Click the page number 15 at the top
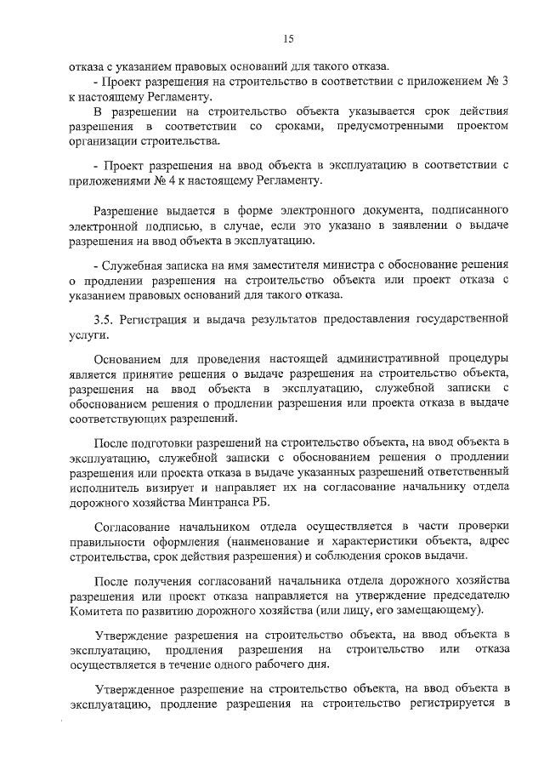click(x=287, y=38)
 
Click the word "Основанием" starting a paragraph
click(x=130, y=358)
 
